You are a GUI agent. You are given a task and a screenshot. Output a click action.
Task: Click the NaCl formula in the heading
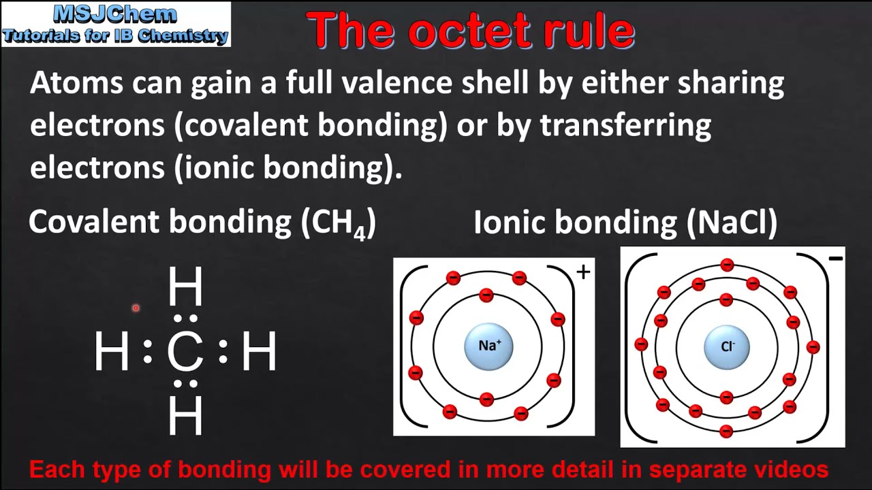click(x=732, y=223)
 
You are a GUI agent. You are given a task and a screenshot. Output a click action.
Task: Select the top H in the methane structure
click(x=185, y=287)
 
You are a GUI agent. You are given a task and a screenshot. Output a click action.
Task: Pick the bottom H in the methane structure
click(x=185, y=416)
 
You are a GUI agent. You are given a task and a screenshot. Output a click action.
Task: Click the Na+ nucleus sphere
click(x=489, y=346)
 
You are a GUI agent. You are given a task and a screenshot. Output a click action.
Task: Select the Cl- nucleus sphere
click(x=727, y=347)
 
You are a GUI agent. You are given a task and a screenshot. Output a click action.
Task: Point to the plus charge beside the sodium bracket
click(x=583, y=273)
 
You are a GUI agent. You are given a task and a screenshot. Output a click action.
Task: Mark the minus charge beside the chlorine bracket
click(x=836, y=259)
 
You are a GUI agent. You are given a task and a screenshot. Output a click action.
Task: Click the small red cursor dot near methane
click(x=136, y=308)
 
